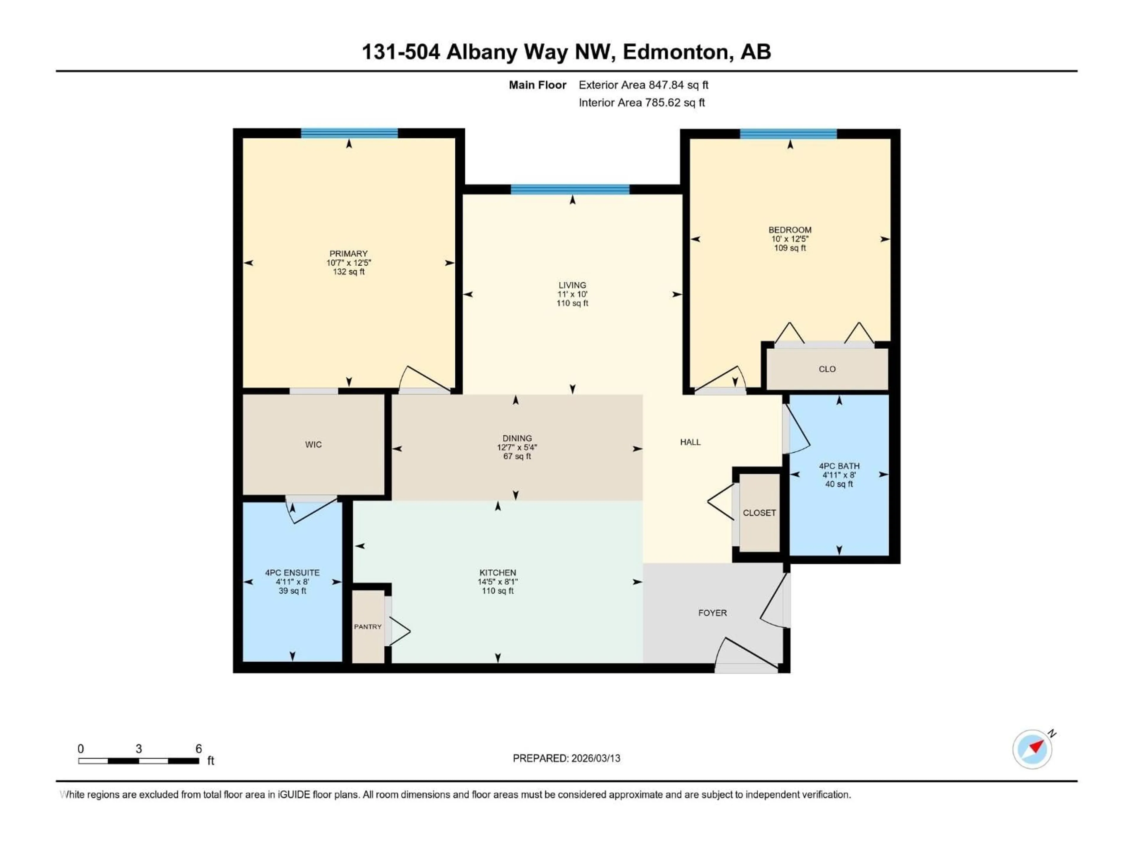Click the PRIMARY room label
[x=348, y=254]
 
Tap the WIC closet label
[x=313, y=445]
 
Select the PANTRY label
[x=368, y=627]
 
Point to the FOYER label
[x=712, y=613]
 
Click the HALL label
[x=690, y=442]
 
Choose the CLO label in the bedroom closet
[x=827, y=369]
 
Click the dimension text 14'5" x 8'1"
[x=497, y=582]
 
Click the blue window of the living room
[x=570, y=189]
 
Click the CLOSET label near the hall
[x=759, y=513]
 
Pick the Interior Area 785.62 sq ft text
[x=641, y=102]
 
